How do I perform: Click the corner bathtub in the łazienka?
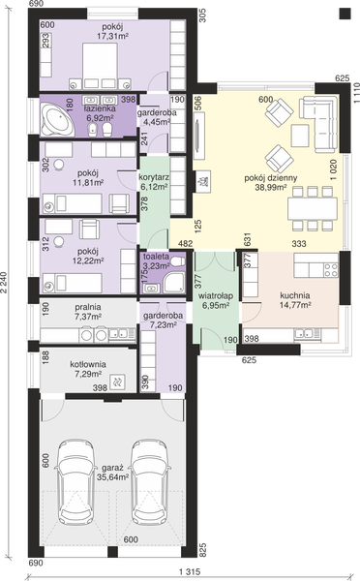pyautogui.click(x=57, y=119)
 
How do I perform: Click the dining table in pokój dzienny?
pyautogui.click(x=313, y=209)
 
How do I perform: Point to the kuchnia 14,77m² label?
pyautogui.click(x=295, y=300)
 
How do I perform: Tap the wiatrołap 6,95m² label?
pyautogui.click(x=216, y=300)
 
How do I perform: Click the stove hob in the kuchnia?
pyautogui.click(x=331, y=270)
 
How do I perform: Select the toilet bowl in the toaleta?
pyautogui.click(x=177, y=260)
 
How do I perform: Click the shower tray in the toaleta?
pyautogui.click(x=174, y=281)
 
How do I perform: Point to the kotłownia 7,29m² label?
pyautogui.click(x=88, y=369)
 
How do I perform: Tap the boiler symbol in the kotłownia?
pyautogui.click(x=118, y=382)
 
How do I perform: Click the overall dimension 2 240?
pyautogui.click(x=4, y=283)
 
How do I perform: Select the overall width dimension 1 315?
pyautogui.click(x=190, y=571)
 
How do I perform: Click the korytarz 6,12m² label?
pyautogui.click(x=154, y=182)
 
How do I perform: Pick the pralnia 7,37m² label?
pyautogui.click(x=88, y=312)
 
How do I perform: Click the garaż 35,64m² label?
pyautogui.click(x=112, y=473)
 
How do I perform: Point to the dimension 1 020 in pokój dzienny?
pyautogui.click(x=334, y=169)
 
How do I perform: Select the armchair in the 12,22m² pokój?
pyautogui.click(x=90, y=229)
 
